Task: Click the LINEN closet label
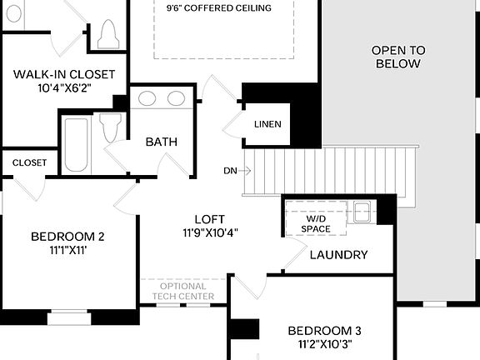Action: (268, 125)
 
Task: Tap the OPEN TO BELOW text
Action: (397, 57)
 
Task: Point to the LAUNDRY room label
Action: (338, 255)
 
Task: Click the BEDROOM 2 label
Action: (67, 236)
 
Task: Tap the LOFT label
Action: (210, 219)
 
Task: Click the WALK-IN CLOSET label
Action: (64, 74)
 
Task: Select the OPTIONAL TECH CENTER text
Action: (182, 291)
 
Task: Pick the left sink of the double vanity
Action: (147, 98)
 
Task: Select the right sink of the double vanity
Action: (176, 98)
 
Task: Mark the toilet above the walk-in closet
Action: (107, 34)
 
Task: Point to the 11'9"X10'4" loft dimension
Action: (210, 233)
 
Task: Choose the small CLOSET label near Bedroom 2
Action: (30, 162)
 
